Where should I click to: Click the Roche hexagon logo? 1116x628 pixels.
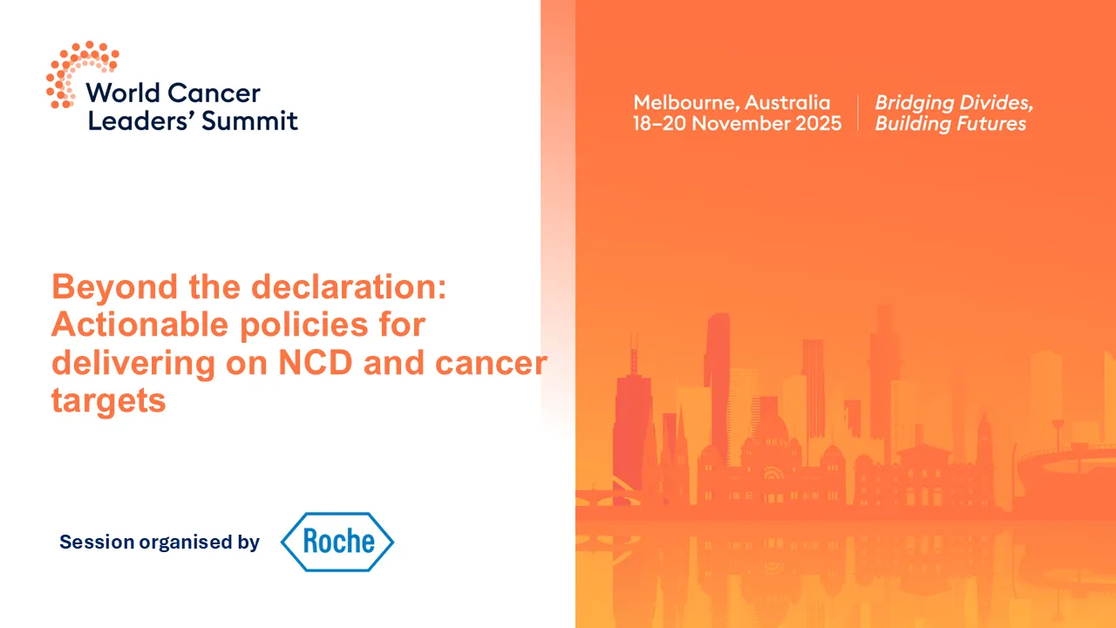pos(337,542)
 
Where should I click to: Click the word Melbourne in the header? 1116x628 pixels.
pos(684,102)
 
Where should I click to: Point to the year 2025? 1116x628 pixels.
pos(818,124)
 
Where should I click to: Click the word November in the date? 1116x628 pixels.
pos(740,124)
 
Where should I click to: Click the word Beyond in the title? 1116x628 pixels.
pos(105,287)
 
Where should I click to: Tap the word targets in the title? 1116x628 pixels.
pos(108,400)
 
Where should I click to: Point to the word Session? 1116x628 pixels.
pos(97,543)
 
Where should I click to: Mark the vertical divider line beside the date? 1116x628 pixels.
pos(858,113)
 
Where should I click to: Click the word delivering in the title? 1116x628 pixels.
pos(132,363)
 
